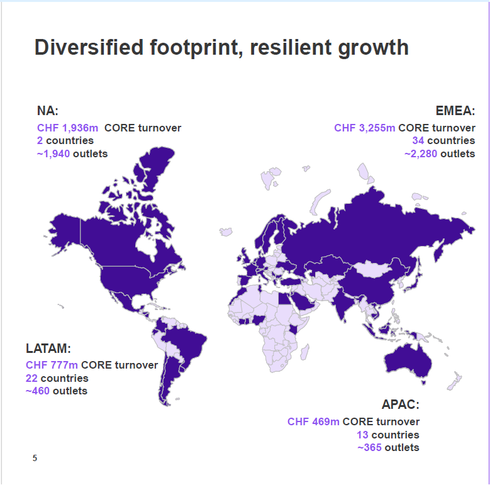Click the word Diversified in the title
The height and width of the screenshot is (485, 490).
pyautogui.click(x=89, y=48)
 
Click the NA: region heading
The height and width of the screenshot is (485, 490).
pyautogui.click(x=48, y=111)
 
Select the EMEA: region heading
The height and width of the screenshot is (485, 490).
pyautogui.click(x=455, y=111)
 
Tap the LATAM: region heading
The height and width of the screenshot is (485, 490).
pyautogui.click(x=48, y=348)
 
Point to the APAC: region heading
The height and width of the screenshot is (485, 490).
pyautogui.click(x=400, y=404)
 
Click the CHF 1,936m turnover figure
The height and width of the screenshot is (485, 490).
pyautogui.click(x=67, y=128)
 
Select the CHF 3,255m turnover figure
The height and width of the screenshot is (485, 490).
pyautogui.click(x=365, y=128)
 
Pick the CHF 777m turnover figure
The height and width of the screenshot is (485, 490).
pyautogui.click(x=52, y=365)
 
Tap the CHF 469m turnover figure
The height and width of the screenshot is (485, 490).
pyautogui.click(x=313, y=421)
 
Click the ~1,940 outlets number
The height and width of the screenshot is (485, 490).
pyautogui.click(x=53, y=153)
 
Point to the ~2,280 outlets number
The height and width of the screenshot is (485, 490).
pyautogui.click(x=421, y=153)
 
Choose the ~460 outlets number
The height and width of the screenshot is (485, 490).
pyautogui.click(x=38, y=391)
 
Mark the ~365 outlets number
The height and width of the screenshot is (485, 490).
pyautogui.click(x=369, y=447)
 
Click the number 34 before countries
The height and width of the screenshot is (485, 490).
pyautogui.click(x=418, y=141)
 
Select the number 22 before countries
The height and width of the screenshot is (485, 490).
pyautogui.click(x=31, y=378)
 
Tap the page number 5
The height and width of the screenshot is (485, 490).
pyautogui.click(x=35, y=458)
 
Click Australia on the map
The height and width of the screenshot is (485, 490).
pyautogui.click(x=409, y=361)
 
